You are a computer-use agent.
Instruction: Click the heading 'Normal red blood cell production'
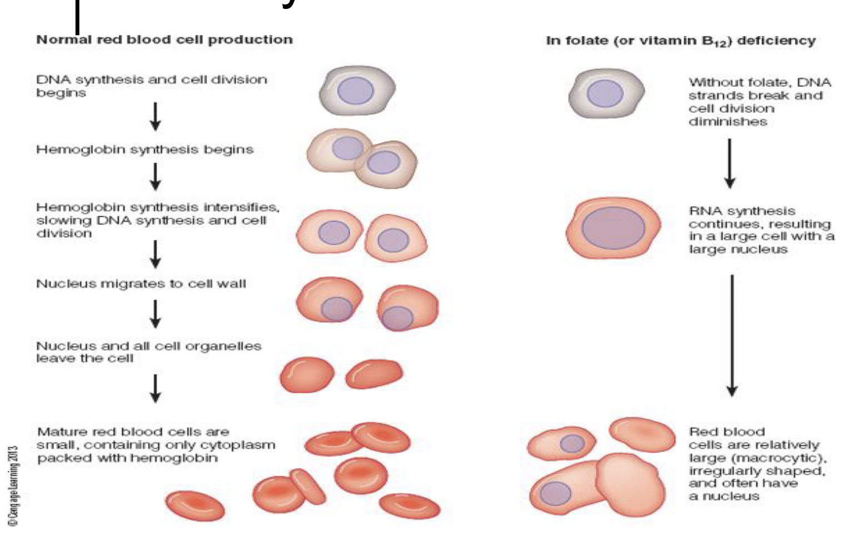[x=164, y=40]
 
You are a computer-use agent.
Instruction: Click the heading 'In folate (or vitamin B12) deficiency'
[x=681, y=41]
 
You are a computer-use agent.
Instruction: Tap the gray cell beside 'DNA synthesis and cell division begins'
[x=357, y=90]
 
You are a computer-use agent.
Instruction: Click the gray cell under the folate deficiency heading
[x=606, y=93]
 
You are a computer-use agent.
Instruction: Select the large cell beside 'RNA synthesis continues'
[x=613, y=228]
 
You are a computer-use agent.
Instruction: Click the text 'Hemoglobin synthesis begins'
[x=144, y=149]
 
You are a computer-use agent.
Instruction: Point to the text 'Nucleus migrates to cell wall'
[x=141, y=284]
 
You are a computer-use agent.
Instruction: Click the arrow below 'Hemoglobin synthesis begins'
[x=156, y=177]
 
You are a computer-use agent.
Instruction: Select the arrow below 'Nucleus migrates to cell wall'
[x=156, y=314]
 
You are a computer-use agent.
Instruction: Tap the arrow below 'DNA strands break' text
[x=730, y=163]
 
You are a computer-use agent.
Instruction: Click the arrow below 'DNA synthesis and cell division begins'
[x=156, y=116]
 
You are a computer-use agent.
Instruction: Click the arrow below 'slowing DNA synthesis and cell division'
[x=156, y=254]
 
